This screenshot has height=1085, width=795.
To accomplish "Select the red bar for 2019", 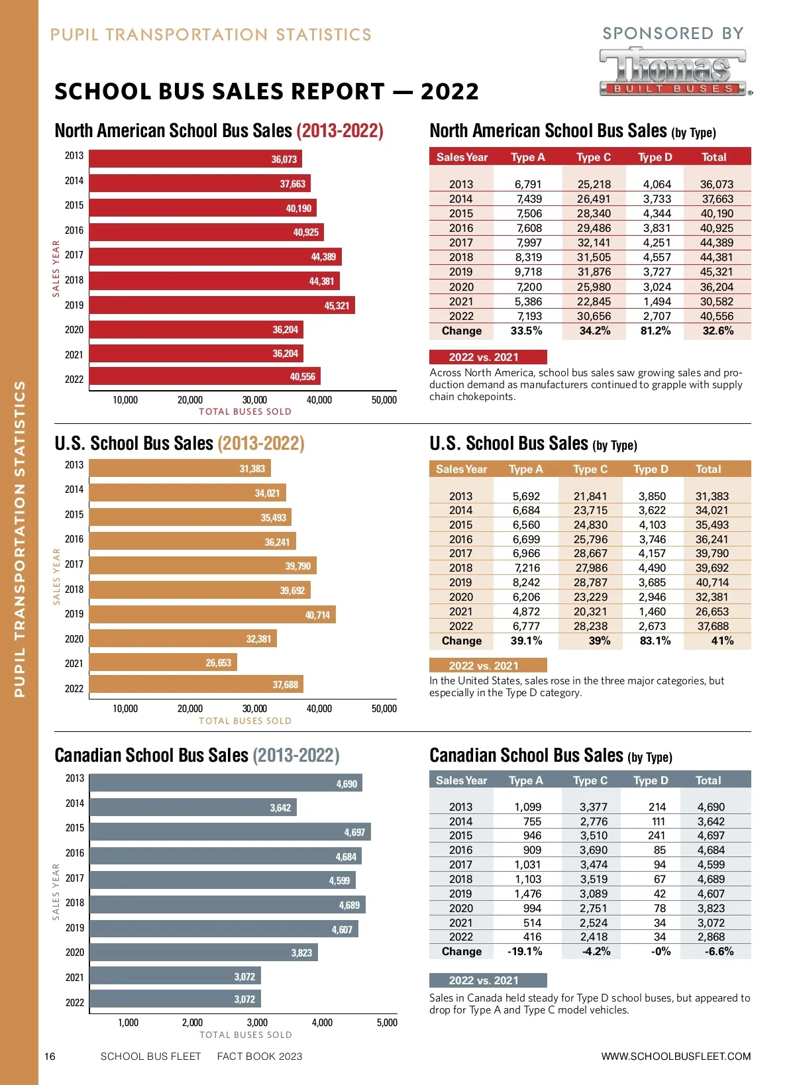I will [x=222, y=305].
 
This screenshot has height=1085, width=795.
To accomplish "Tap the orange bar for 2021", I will [x=163, y=662].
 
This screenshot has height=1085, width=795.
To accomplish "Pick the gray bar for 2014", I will [x=193, y=807].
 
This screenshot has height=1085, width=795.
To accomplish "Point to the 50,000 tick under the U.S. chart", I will [x=384, y=709].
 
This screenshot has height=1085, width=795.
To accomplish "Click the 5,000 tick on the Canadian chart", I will [x=387, y=1023].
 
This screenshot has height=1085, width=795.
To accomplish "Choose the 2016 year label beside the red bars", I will [x=74, y=231].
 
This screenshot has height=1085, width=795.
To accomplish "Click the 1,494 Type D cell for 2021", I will [x=657, y=301].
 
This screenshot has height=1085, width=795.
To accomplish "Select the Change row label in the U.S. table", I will [x=462, y=641].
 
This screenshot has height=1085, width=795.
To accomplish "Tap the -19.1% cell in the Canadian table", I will [x=525, y=951].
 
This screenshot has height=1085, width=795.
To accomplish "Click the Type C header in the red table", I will [x=594, y=157].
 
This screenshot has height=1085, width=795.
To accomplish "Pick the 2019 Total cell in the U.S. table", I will [x=712, y=582].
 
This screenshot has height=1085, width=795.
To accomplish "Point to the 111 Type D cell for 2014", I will [x=658, y=821].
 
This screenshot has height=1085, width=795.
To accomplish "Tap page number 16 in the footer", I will [x=50, y=1057].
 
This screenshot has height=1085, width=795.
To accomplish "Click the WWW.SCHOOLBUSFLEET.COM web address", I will [x=676, y=1057].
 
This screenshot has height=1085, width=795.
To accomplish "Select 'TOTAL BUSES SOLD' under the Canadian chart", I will [x=246, y=1035].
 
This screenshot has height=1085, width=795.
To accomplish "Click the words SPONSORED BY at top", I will [x=673, y=33].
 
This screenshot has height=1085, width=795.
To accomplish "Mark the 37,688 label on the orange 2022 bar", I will [x=286, y=684].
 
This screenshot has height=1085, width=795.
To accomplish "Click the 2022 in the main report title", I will [x=450, y=91].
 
